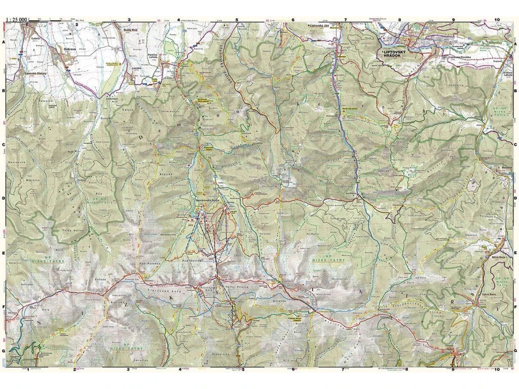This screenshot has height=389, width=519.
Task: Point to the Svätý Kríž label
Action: [x=132, y=30]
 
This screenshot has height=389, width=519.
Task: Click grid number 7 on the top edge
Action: [x=345, y=20]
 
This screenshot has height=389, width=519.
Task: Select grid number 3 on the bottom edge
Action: [x=128, y=370]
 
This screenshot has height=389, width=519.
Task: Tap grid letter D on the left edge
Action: [x=4, y=199]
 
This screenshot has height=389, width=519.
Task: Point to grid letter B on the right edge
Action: [x=515, y=91]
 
